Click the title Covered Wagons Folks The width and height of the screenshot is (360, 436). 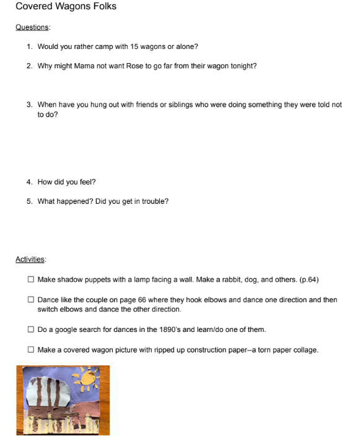pyautogui.click(x=66, y=7)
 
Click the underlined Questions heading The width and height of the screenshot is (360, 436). pyautogui.click(x=33, y=27)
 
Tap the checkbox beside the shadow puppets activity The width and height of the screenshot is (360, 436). pyautogui.click(x=31, y=280)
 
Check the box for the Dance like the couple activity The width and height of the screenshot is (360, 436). pyautogui.click(x=31, y=300)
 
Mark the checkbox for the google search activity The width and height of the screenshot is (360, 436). pyautogui.click(x=31, y=329)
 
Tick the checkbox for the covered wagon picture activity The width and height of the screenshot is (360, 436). pyautogui.click(x=31, y=350)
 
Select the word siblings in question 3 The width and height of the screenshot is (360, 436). pyautogui.click(x=178, y=105)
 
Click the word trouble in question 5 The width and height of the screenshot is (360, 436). pyautogui.click(x=154, y=201)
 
